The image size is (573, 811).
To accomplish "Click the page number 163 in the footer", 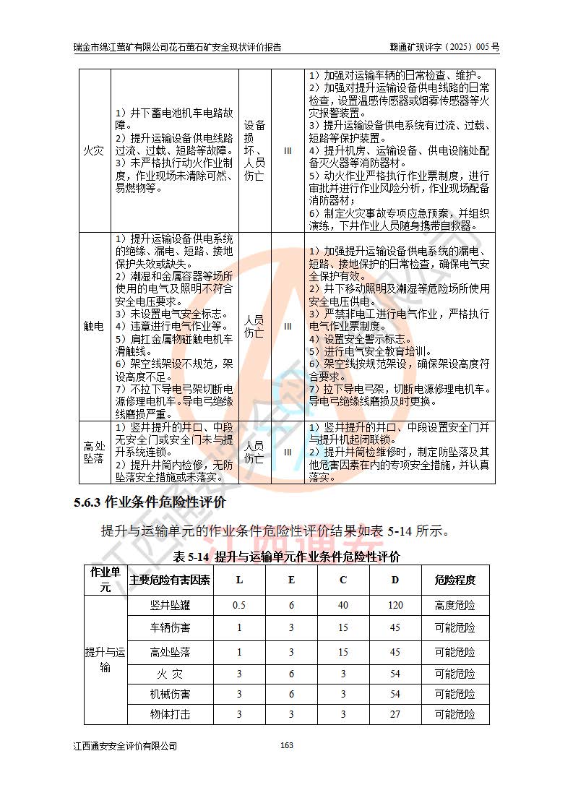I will (x=287, y=746).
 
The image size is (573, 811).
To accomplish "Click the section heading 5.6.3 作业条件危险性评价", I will (x=150, y=502).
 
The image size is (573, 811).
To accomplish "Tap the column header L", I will (x=240, y=580).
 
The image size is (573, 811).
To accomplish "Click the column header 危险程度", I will (x=455, y=580).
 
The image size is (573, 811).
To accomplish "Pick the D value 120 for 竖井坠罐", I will (x=395, y=605).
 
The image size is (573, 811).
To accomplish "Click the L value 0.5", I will (x=240, y=605).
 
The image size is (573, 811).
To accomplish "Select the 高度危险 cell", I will (x=455, y=605).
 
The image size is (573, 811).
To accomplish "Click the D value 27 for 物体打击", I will (x=395, y=714).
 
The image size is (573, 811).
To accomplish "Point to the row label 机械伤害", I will (x=171, y=694).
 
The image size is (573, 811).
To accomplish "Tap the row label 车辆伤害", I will (x=171, y=627).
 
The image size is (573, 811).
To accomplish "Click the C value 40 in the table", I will (x=343, y=605).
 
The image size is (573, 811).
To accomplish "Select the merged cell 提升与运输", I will (x=105, y=659).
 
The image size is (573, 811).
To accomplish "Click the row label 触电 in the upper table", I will (x=94, y=326).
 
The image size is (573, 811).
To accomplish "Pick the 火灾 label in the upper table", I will (x=94, y=151).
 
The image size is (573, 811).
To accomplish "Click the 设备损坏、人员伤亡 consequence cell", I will (x=254, y=150).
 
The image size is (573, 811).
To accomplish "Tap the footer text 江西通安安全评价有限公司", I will (x=125, y=746).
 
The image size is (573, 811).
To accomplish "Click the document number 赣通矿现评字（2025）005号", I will (x=444, y=47).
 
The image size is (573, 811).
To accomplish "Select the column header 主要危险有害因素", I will (x=171, y=580).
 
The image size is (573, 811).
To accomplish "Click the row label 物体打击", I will (x=171, y=714).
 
